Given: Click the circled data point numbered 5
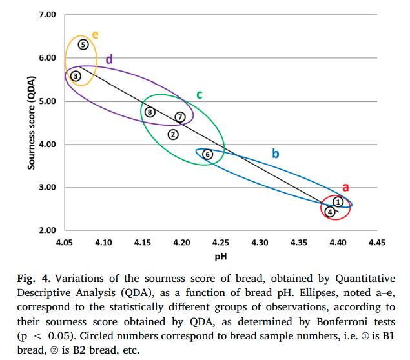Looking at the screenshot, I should (x=83, y=45).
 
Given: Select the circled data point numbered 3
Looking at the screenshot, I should (x=76, y=76).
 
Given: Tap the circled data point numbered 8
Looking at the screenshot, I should (x=150, y=112).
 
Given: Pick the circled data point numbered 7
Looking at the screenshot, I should (x=180, y=117).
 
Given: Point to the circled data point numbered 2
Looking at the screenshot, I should (x=173, y=134).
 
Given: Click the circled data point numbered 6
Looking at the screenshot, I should (x=207, y=154).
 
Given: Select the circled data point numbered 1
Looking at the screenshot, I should (x=337, y=202).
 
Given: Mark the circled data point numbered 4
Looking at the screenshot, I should (x=329, y=212).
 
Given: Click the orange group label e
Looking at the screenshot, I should (x=95, y=34).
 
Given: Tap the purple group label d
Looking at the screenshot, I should (x=109, y=59).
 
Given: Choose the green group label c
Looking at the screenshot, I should (x=200, y=95).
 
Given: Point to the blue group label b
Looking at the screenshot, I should (x=275, y=154).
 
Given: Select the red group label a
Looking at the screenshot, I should (x=345, y=187).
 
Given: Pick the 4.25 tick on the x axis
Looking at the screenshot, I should (x=221, y=243).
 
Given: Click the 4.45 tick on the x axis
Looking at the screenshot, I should (x=376, y=243).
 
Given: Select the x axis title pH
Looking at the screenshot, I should (x=220, y=255).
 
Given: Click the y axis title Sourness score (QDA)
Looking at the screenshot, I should (x=30, y=123).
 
